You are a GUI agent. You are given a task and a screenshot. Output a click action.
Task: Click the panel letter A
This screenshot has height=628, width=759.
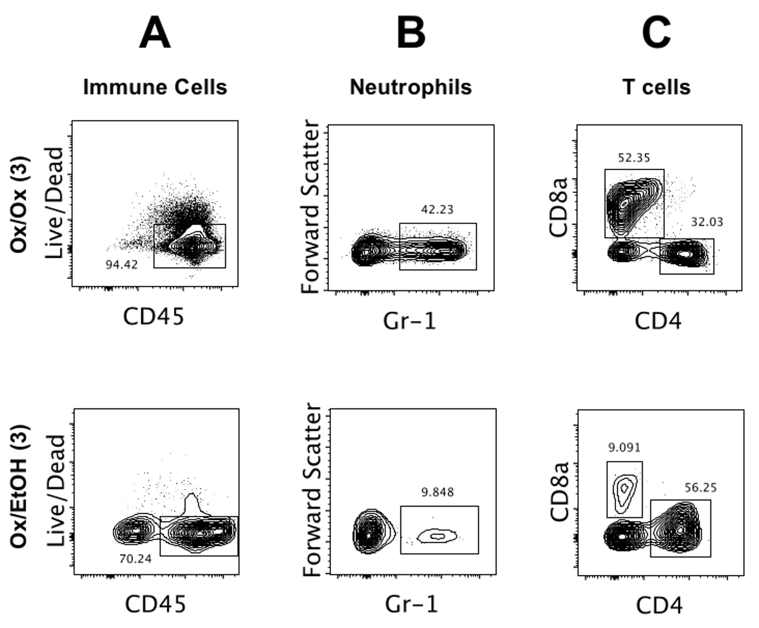click(154, 33)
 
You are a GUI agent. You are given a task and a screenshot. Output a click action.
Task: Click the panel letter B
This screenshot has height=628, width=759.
click(410, 33)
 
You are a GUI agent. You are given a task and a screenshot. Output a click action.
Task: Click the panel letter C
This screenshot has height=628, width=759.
click(656, 33)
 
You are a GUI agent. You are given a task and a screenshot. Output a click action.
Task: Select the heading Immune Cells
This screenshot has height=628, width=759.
click(155, 87)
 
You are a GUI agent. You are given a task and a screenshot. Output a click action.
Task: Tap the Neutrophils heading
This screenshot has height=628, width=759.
click(410, 87)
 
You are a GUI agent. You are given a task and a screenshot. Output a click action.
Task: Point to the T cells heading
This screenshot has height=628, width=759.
click(657, 87)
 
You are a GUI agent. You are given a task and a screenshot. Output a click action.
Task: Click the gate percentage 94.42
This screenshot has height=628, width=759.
click(122, 265)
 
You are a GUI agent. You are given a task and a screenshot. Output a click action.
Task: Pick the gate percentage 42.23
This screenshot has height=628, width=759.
click(437, 210)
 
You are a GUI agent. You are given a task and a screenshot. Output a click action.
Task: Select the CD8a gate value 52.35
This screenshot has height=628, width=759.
click(634, 157)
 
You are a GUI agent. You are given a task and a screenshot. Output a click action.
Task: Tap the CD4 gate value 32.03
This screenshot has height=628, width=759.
click(707, 222)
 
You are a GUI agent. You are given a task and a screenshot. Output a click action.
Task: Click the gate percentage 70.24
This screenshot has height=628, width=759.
click(135, 558)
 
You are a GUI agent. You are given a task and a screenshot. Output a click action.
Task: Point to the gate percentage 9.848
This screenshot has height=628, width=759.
click(438, 493)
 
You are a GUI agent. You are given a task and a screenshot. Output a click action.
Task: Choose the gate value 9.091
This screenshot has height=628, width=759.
click(624, 447)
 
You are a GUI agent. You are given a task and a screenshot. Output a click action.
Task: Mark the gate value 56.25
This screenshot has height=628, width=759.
click(700, 488)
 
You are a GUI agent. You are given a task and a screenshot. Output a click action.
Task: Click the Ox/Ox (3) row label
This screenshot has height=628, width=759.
click(19, 204)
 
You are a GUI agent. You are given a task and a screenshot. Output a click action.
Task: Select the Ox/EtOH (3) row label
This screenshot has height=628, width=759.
click(19, 486)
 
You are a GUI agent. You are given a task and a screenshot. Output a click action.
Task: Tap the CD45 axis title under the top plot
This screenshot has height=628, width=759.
click(154, 317)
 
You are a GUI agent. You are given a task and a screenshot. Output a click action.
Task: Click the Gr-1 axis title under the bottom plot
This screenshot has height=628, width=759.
click(412, 605)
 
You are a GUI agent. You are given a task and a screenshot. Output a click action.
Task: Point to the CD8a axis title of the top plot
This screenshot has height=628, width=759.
click(558, 207)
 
